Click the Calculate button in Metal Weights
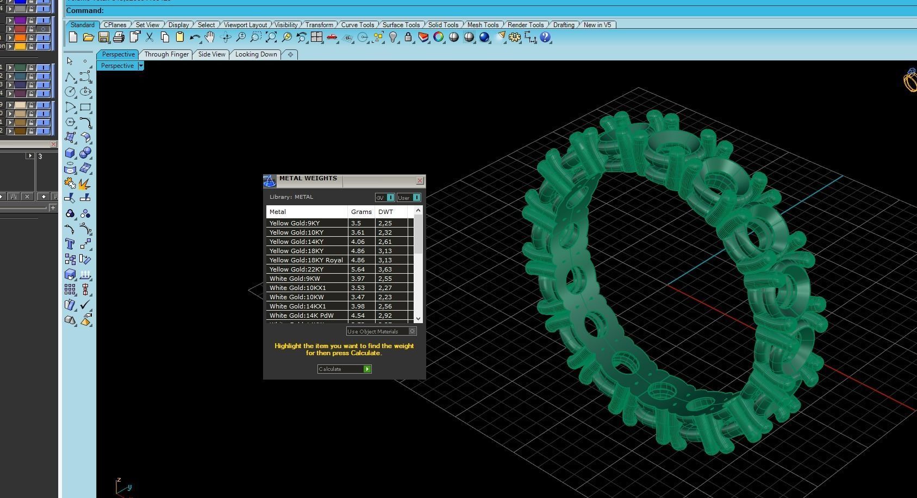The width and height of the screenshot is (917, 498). (x=344, y=369)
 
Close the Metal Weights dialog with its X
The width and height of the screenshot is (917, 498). (x=420, y=181)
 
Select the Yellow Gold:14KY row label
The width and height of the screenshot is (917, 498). (x=296, y=242)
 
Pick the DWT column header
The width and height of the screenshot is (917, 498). (x=385, y=212)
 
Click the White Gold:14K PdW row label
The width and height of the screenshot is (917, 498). (x=301, y=316)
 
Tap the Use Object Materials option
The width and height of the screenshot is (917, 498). (x=381, y=331)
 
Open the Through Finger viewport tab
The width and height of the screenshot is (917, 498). (x=166, y=54)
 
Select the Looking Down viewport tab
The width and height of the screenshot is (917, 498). (x=256, y=54)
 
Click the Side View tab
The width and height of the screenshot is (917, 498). (x=211, y=54)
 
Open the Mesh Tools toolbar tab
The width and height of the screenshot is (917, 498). (x=483, y=25)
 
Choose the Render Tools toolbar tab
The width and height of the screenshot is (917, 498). (x=525, y=25)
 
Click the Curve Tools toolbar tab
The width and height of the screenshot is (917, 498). (x=357, y=25)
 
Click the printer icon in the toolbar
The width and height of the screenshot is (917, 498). (x=118, y=37)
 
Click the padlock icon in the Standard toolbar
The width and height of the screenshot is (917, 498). (x=408, y=37)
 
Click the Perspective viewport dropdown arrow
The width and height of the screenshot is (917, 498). (x=141, y=66)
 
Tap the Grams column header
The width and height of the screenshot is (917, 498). (x=361, y=212)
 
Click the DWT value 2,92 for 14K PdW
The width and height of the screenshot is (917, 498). (x=385, y=316)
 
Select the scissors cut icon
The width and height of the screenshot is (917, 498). (x=149, y=37)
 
